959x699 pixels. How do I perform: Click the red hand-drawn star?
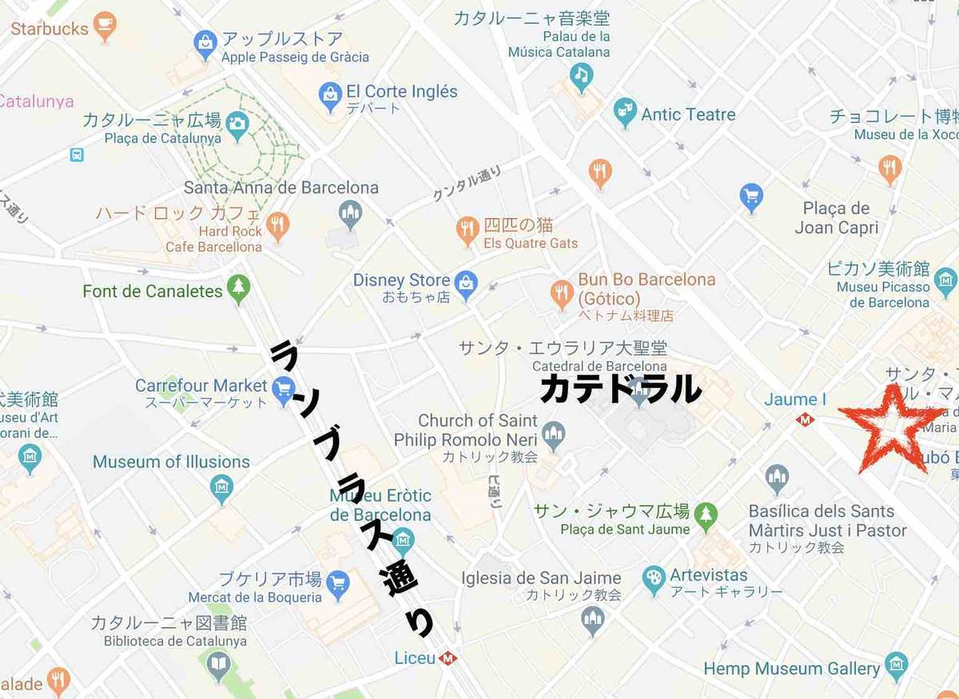click(889, 427)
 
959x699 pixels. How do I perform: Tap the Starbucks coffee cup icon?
click(105, 26)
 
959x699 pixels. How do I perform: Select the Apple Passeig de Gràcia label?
click(295, 57)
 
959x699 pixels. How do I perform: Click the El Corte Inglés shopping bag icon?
click(330, 96)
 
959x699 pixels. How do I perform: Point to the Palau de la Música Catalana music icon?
click(582, 77)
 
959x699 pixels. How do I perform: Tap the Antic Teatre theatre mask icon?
click(625, 113)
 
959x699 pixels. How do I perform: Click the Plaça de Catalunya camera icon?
click(237, 125)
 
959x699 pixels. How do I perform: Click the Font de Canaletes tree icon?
click(238, 288)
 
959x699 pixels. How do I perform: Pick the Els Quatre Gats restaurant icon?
click(468, 230)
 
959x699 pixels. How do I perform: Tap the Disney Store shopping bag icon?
click(465, 282)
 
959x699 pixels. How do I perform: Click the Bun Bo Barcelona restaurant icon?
click(563, 292)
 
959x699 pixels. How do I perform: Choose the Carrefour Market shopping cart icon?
click(284, 390)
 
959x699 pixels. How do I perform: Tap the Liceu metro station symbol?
click(448, 658)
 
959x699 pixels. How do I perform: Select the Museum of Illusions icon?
click(221, 486)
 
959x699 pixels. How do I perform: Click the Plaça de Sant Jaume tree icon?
click(706, 515)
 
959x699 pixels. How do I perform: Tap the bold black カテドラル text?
click(620, 389)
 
